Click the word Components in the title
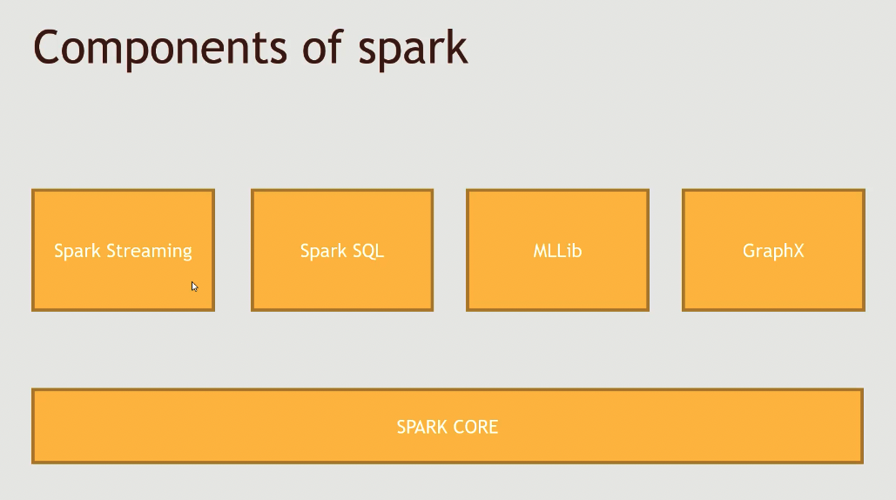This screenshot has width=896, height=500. pos(160,49)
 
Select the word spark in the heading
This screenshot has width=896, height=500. pos(413,49)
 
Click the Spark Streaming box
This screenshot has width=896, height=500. pos(124,250)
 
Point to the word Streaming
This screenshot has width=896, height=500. pos(149,252)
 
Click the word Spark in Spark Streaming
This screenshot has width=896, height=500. pos(77,252)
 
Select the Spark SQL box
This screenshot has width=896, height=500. pos(342,250)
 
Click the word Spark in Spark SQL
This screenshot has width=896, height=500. pos(323,252)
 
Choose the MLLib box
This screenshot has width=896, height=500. pos(557,250)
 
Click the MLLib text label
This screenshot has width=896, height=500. pos(557,251)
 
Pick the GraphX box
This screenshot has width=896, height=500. pos(774,250)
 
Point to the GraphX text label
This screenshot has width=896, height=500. pos(774,252)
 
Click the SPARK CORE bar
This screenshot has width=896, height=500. pos(448,426)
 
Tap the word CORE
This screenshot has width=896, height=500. pos(475,427)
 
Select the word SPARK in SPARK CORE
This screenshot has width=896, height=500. pos(422,427)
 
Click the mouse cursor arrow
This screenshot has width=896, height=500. pos(194,287)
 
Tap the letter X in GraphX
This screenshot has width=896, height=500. pos(797,251)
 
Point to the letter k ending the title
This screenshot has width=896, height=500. pos(457,45)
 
